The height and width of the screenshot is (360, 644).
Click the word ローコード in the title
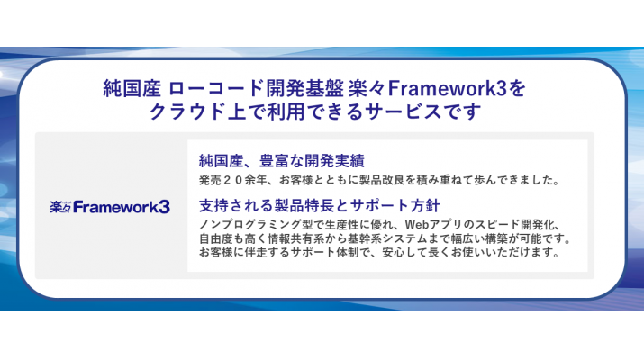[213, 90]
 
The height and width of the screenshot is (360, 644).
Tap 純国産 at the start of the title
[132, 90]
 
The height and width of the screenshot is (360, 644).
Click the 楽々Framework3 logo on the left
[110, 207]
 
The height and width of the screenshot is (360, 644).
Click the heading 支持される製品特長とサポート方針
[318, 204]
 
